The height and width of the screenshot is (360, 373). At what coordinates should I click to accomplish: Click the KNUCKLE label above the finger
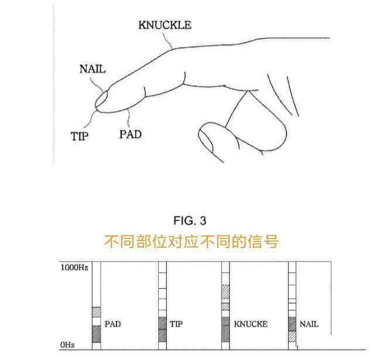pos(165,25)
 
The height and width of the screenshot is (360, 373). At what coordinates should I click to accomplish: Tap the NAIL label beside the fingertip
pos(93,69)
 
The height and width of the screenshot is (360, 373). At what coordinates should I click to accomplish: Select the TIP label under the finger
pos(80,136)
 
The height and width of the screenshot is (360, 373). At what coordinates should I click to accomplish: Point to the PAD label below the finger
pos(131,135)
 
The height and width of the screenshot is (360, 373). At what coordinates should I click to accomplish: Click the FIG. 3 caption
pos(190,221)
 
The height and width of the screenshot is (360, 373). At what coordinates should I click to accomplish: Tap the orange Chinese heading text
pos(191,242)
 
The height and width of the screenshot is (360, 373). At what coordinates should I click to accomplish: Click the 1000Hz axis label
pos(74,268)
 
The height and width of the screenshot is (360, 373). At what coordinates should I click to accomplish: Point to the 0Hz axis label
pos(67,345)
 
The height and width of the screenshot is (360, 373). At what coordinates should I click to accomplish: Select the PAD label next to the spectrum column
pos(113,324)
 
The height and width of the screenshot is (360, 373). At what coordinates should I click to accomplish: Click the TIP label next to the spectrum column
pos(176,324)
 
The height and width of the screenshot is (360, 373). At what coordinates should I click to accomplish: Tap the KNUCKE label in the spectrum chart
pos(251,324)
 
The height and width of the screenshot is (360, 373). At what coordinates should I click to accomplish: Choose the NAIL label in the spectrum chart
pos(309,324)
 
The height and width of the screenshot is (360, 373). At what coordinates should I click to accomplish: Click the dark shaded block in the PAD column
pos(97,334)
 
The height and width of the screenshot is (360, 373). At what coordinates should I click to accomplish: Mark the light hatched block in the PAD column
pos(97,312)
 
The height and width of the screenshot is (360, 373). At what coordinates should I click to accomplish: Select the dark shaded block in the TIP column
pos(162,330)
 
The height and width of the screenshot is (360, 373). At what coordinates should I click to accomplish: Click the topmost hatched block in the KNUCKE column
pos(225,292)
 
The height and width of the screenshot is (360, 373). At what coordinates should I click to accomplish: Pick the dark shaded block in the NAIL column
pos(292,324)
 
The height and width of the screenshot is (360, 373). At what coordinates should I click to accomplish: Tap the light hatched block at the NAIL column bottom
pos(292,337)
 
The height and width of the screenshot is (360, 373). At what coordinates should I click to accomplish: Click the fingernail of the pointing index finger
pos(101,99)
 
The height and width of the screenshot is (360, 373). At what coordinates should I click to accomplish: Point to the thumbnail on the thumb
pos(206,140)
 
